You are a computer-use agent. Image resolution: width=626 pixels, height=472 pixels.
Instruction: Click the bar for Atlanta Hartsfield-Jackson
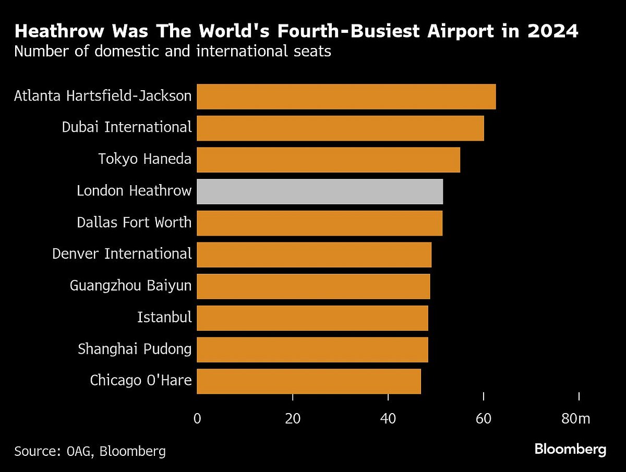click(x=346, y=96)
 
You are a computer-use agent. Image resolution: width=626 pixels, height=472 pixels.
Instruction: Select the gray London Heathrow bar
click(x=320, y=191)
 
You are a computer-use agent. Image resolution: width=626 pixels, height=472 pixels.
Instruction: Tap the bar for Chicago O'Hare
click(x=308, y=381)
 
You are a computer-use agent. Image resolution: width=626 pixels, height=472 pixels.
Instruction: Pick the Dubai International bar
click(x=340, y=128)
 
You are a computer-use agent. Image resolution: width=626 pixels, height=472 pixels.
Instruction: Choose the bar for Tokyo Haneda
click(x=328, y=160)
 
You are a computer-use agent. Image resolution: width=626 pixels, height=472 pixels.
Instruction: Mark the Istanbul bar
click(x=312, y=318)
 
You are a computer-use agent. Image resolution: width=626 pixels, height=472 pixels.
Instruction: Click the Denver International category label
click(x=122, y=254)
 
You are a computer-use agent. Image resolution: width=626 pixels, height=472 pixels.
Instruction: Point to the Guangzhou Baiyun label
click(x=130, y=286)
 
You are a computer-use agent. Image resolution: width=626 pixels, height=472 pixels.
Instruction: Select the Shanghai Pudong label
click(x=135, y=349)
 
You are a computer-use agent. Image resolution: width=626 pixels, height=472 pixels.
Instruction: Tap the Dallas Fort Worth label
click(x=134, y=223)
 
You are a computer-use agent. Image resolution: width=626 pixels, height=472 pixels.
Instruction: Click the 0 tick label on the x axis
click(x=197, y=418)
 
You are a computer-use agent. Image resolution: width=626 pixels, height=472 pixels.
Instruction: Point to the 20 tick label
click(x=293, y=418)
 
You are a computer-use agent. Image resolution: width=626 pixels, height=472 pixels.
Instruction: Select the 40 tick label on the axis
click(x=388, y=418)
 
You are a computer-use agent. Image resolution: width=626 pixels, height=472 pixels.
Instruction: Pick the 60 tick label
click(x=484, y=418)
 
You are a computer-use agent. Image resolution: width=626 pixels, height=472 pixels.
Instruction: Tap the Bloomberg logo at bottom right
click(x=570, y=449)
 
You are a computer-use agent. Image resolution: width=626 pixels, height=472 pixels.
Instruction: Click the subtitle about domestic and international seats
click(x=172, y=52)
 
